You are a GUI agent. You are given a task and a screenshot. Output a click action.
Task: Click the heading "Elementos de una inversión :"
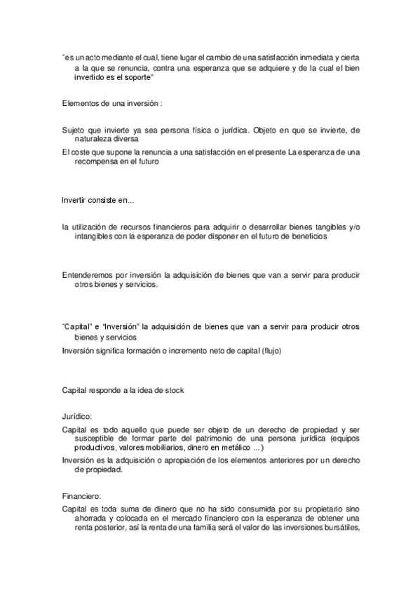click(112, 103)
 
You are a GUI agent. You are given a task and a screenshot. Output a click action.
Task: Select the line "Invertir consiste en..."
click(98, 200)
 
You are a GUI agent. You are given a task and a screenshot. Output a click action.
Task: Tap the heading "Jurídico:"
click(78, 415)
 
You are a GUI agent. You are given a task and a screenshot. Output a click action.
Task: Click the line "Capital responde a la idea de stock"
click(123, 389)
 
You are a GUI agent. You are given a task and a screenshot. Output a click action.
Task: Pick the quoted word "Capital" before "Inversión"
click(79, 327)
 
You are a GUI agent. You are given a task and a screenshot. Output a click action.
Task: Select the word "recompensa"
click(97, 161)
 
